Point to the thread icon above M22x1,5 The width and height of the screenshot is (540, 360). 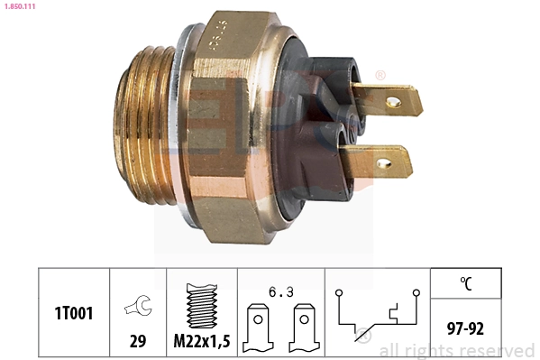point(201,306)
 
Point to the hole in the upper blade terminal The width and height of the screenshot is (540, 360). point(394,102)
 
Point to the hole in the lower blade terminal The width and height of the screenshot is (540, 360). point(383,164)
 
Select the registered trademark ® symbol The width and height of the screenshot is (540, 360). point(380,75)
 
